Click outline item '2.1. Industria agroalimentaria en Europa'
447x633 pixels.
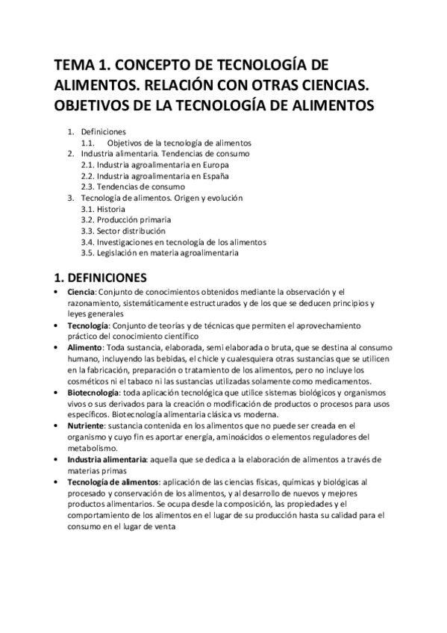154,164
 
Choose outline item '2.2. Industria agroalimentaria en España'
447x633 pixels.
154,175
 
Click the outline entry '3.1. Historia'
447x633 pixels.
103,209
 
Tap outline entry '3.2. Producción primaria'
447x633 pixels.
125,220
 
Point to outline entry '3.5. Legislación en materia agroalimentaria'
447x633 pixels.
160,253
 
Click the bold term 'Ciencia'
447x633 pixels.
81,292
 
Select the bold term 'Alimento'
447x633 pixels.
83,348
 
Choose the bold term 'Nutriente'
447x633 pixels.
84,426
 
